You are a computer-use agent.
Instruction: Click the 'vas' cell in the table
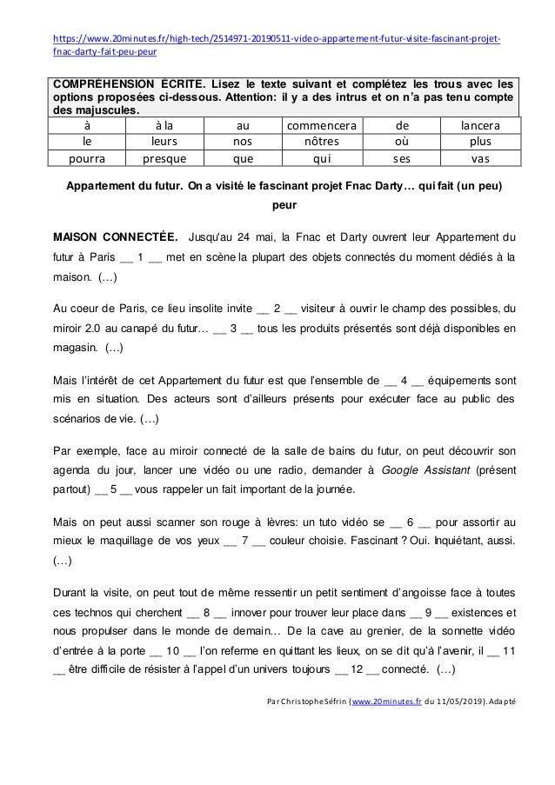point(480,158)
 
